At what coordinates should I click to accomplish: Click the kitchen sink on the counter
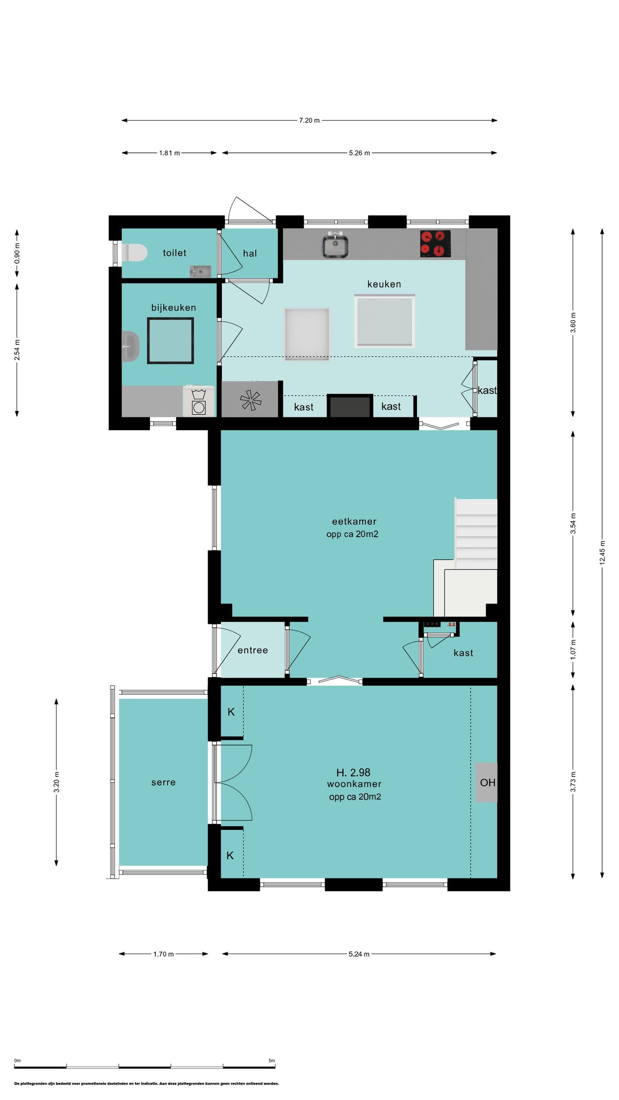[x=335, y=245]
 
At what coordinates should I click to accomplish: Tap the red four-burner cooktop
[x=435, y=244]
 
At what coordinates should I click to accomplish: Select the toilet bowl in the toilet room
[x=135, y=253]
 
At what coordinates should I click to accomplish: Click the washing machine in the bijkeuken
[x=199, y=401]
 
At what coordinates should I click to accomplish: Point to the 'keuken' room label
[x=384, y=284]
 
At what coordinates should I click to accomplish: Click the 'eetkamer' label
[x=354, y=521]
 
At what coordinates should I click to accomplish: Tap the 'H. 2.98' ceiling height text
[x=353, y=772]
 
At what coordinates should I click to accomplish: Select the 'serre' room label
[x=163, y=782]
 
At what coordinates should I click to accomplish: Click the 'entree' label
[x=253, y=650]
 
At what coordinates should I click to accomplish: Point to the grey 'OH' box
[x=487, y=782]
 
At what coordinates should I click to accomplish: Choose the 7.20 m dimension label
[x=309, y=120]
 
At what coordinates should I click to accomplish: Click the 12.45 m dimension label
[x=602, y=553]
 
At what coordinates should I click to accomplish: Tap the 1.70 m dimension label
[x=163, y=954]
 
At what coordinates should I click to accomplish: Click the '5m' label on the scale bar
[x=272, y=1060]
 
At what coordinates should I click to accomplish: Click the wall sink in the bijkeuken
[x=131, y=346]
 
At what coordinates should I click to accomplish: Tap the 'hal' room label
[x=250, y=254]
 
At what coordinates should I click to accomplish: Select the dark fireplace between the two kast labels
[x=350, y=406]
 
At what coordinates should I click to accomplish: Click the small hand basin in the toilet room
[x=200, y=271]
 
